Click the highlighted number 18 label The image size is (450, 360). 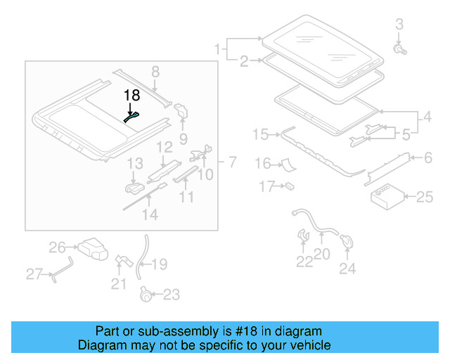pos(131,95)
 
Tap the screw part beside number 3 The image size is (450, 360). pos(399,50)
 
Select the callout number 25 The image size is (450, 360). pos(425,198)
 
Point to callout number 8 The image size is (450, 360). pos(155,71)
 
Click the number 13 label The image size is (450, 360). pos(135,164)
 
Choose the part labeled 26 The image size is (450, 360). pos(92,249)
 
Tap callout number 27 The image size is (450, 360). pos(34,274)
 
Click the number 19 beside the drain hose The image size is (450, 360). pos(160,264)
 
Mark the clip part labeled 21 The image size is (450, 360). pos(122,261)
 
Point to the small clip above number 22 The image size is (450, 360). pos(304,234)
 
